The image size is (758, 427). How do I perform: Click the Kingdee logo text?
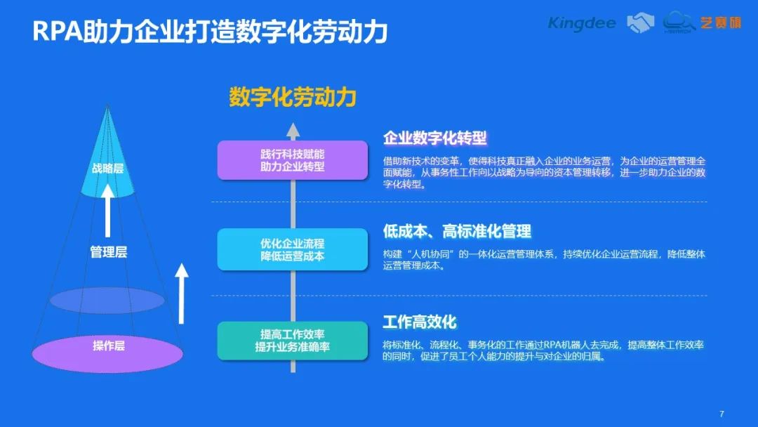coord(581,22)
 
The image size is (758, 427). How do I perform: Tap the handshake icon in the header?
coord(640,22)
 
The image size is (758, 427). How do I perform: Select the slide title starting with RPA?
coord(210,32)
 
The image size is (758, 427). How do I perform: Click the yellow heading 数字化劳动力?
coord(293,97)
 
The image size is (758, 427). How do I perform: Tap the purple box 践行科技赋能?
coord(292,160)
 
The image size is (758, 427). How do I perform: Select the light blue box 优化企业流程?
coord(292,249)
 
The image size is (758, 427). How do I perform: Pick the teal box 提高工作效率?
coord(292,340)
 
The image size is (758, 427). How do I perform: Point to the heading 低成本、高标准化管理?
coord(457,231)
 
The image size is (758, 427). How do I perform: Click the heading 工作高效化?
coord(420,322)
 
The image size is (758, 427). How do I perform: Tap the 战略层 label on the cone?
coord(107,169)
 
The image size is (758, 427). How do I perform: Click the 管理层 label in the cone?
coord(108,252)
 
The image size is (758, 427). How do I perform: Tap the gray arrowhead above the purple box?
coord(293,129)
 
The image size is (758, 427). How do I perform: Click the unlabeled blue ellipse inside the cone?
coord(107,301)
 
